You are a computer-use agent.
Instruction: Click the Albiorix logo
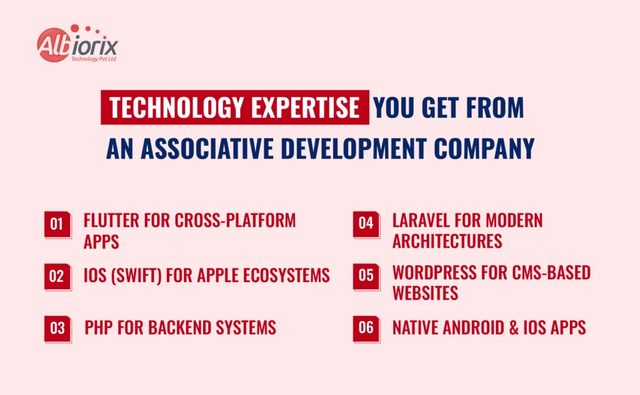point(77,46)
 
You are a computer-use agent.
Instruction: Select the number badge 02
point(57,276)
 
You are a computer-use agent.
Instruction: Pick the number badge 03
point(57,328)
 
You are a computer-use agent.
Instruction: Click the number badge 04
point(366,223)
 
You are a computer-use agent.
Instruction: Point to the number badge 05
point(366,276)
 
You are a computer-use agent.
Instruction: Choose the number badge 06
point(366,328)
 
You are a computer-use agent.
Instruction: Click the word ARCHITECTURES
point(447,241)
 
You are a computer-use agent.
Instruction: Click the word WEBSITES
point(425,293)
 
